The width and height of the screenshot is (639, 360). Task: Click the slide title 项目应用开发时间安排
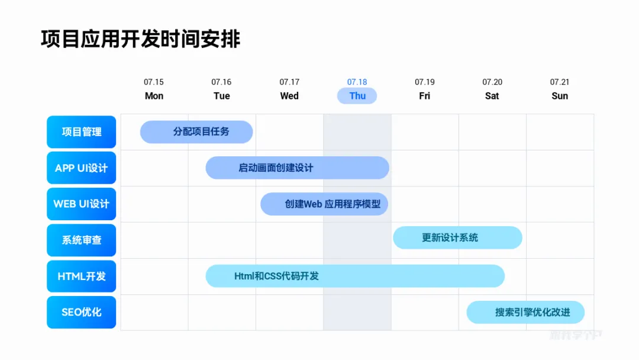141,39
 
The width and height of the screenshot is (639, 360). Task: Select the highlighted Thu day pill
357,96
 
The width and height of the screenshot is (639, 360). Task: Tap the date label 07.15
154,82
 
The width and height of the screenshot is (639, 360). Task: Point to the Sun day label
560,96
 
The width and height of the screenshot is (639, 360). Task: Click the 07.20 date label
492,82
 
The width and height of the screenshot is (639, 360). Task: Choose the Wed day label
289,96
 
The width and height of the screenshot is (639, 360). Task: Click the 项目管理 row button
82,132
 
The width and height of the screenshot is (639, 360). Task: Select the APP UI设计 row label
82,168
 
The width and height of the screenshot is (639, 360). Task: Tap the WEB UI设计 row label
82,204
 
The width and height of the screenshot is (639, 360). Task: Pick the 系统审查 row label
82,240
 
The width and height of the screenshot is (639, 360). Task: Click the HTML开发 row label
82,277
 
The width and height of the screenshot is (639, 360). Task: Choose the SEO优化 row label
82,312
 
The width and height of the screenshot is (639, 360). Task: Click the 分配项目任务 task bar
196,132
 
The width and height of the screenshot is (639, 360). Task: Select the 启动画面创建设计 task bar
297,168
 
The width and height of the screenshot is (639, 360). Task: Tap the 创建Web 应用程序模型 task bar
324,204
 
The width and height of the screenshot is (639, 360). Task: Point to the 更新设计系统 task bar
457,238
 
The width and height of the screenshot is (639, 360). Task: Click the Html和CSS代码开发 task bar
355,277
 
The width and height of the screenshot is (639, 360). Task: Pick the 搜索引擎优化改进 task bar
525,313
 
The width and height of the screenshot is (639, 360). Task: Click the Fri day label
425,96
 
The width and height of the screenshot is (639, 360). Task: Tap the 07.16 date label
221,82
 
